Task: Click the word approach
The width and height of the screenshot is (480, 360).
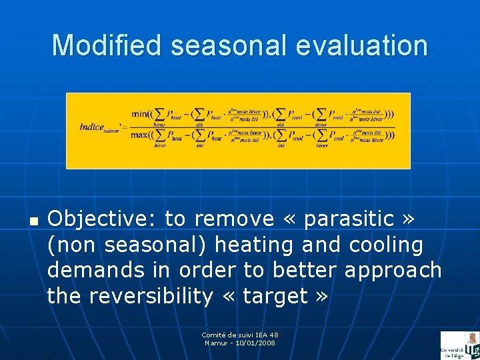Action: pyautogui.click(x=393, y=271)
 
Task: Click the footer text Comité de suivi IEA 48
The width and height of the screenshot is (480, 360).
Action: pyautogui.click(x=240, y=335)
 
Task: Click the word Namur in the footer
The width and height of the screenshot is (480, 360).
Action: pyautogui.click(x=214, y=343)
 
